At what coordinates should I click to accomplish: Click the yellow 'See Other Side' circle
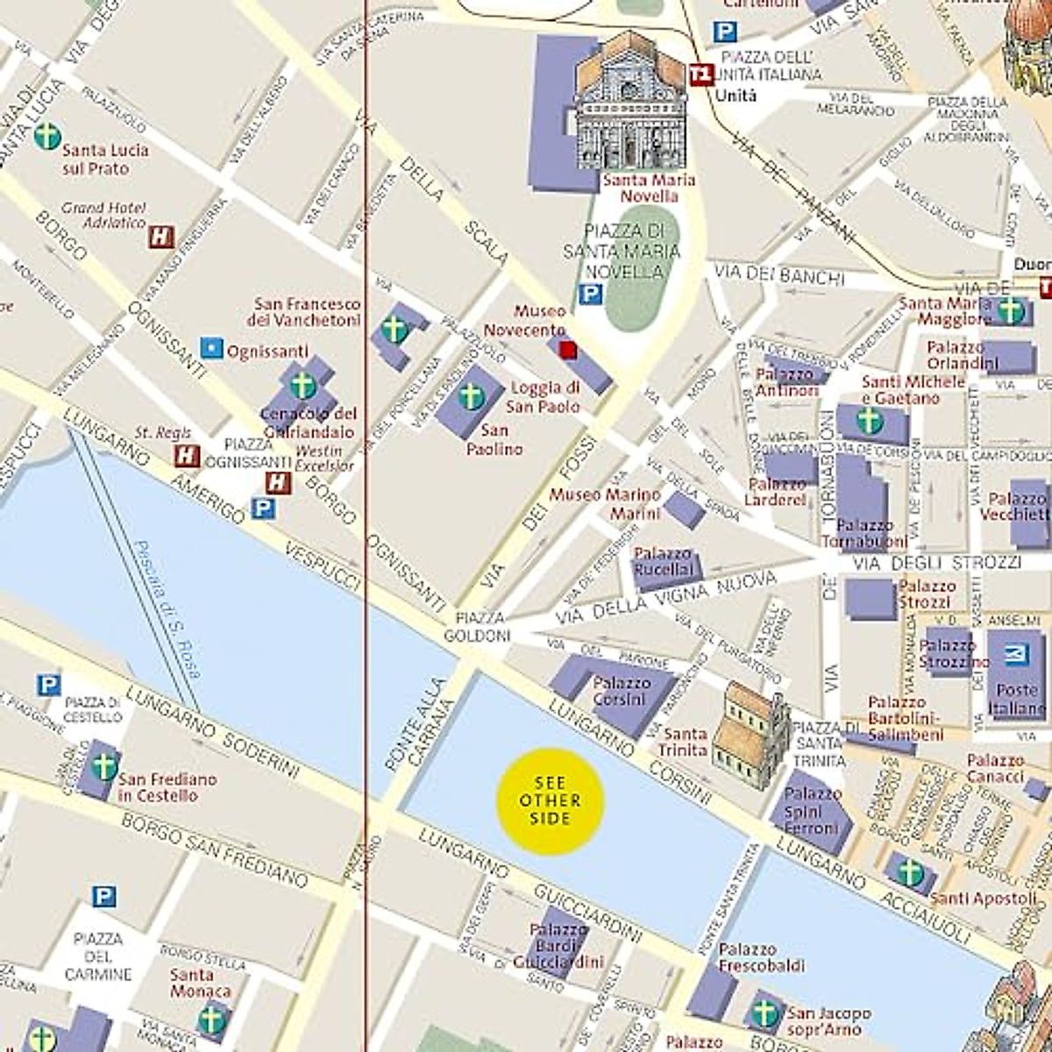pos(550,800)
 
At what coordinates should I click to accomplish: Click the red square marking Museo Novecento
pos(567,350)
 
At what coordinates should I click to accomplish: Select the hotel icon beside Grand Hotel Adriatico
pos(160,237)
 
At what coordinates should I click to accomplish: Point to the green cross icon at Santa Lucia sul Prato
pos(47,137)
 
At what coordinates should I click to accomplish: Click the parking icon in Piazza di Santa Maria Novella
pos(591,295)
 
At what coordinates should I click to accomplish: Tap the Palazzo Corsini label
pos(621,691)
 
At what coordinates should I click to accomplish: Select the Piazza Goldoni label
pos(477,626)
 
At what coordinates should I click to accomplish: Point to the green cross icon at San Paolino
pos(471,396)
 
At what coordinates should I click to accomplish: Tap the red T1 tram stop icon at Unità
pos(700,75)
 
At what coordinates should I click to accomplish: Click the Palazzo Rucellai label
pos(663,562)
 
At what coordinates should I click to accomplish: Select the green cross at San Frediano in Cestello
pos(104,766)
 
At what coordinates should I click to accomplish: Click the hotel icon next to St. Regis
pos(186,456)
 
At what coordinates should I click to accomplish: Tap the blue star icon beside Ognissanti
pos(211,348)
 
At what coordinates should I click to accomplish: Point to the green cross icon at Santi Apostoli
pos(910,873)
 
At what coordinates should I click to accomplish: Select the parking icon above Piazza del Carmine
pos(103,896)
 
